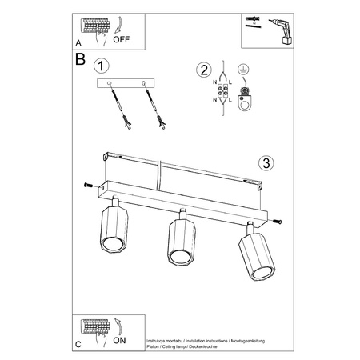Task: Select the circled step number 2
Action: click(x=203, y=69)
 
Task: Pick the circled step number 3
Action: click(x=267, y=163)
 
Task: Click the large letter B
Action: click(x=80, y=59)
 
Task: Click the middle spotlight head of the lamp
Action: click(x=181, y=246)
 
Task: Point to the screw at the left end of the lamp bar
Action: click(x=87, y=186)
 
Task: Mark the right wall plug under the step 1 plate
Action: click(x=154, y=107)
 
